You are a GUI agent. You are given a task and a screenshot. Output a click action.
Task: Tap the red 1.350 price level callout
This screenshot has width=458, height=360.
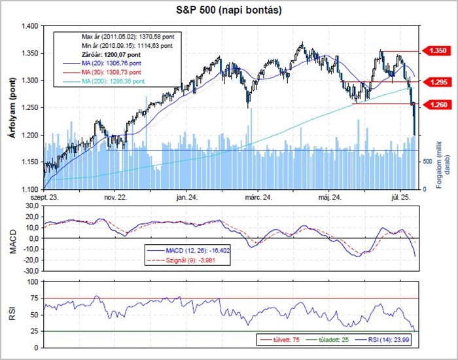click(x=438, y=50)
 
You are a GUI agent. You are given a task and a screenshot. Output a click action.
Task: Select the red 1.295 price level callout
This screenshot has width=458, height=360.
click(x=438, y=82)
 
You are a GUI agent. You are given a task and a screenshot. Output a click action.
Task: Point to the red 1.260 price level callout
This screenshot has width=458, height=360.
click(x=438, y=103)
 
